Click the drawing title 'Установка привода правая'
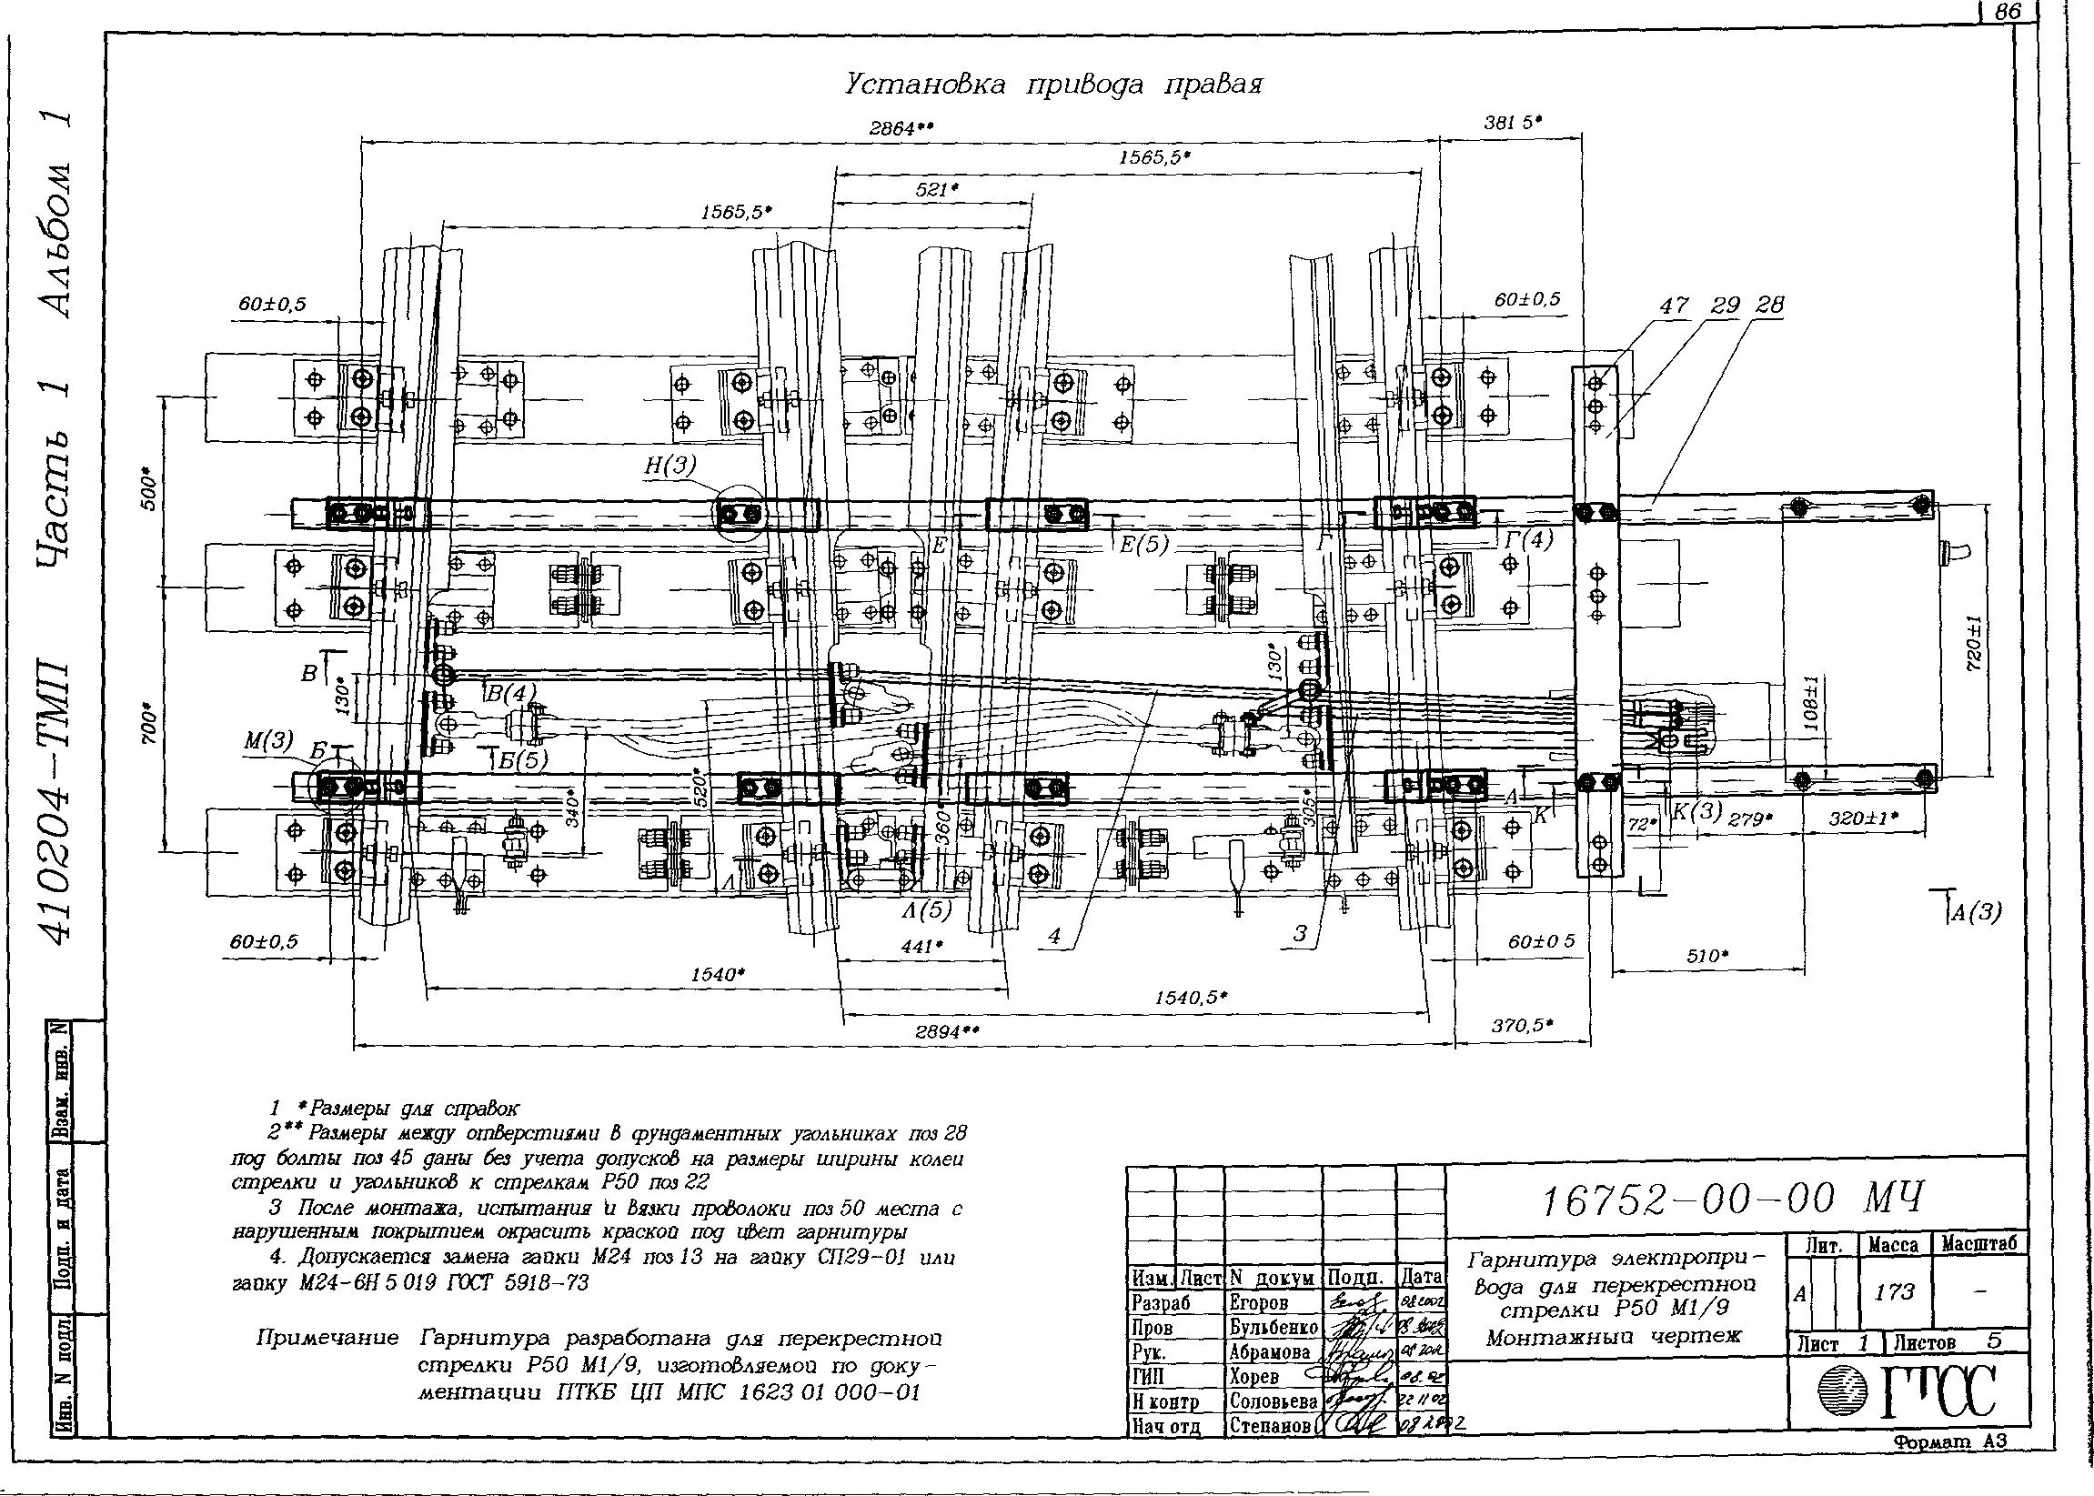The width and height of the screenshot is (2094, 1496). pyautogui.click(x=1053, y=85)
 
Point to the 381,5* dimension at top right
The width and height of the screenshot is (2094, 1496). pyautogui.click(x=1513, y=122)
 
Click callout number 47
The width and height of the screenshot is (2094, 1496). pyautogui.click(x=1674, y=305)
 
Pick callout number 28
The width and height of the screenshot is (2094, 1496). pyautogui.click(x=1771, y=305)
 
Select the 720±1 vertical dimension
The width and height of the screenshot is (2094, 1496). pyautogui.click(x=1977, y=644)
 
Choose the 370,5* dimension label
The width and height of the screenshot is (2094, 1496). pyautogui.click(x=1522, y=1024)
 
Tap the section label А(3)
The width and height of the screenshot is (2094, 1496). pyautogui.click(x=1974, y=913)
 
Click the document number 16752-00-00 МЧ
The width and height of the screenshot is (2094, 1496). pyautogui.click(x=1733, y=1200)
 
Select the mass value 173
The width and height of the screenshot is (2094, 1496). pyautogui.click(x=1894, y=1292)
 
